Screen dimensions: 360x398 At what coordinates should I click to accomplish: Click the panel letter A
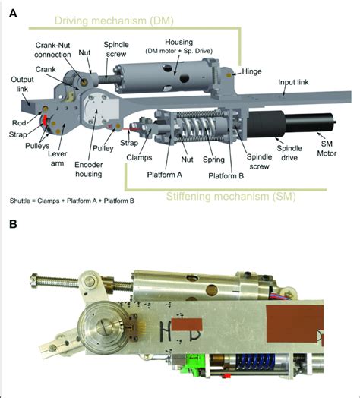pos(13,13)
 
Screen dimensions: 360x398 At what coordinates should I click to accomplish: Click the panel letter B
pos(13,224)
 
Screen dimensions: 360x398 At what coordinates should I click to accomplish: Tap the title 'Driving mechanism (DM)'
pos(114,21)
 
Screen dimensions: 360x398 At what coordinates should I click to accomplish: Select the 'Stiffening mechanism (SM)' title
pos(231,197)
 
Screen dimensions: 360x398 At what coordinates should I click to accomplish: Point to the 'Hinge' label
pos(251,71)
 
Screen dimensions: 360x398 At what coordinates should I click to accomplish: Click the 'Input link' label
pos(293,82)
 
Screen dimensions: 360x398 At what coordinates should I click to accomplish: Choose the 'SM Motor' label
pos(327,148)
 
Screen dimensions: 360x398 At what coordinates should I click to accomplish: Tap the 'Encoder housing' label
pos(89,169)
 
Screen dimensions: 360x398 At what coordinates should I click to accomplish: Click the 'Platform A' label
pos(165,175)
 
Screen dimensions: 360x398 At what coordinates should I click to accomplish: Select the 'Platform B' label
pos(226,176)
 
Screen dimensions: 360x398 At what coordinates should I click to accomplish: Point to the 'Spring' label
pos(213,160)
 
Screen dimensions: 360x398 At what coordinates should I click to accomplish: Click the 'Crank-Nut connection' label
pos(52,50)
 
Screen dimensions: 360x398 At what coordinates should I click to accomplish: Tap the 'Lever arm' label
pos(58,159)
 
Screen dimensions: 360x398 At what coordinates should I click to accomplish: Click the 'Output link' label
pos(22,84)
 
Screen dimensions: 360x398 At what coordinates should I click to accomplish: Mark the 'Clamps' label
pos(139,158)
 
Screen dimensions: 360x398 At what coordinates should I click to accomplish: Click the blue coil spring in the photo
pos(255,365)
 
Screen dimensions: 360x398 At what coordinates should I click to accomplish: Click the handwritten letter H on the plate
pos(165,330)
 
